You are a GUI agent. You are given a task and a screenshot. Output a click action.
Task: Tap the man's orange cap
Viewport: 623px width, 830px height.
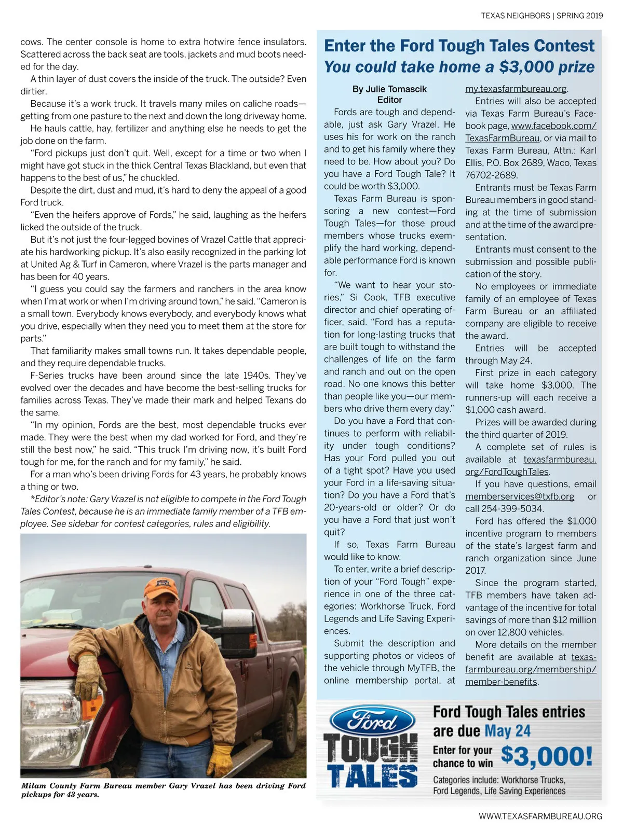click(161, 588)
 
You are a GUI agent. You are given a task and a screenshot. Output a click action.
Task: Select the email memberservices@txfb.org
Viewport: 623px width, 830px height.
click(519, 496)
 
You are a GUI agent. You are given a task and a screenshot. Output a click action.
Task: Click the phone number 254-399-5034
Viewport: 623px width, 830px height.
click(512, 509)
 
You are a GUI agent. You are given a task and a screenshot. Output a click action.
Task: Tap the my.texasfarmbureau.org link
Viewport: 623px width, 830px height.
click(516, 89)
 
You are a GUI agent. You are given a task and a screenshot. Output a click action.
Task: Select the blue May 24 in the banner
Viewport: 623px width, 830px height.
click(507, 731)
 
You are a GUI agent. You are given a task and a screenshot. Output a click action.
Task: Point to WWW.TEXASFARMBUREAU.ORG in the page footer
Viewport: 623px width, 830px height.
click(540, 816)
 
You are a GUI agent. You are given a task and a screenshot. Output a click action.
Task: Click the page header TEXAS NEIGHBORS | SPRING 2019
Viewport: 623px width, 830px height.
click(541, 16)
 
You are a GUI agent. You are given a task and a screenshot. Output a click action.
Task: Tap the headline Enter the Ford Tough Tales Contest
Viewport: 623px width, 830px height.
click(459, 46)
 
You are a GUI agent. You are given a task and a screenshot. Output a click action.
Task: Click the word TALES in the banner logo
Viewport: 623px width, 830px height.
click(372, 776)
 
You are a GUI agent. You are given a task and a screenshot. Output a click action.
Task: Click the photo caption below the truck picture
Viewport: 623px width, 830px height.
click(163, 790)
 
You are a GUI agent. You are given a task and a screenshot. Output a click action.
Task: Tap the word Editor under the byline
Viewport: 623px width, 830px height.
click(389, 100)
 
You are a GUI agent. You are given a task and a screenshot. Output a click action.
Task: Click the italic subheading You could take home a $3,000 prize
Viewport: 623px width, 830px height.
click(459, 67)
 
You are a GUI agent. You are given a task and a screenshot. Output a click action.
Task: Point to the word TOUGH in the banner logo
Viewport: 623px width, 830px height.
click(370, 748)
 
